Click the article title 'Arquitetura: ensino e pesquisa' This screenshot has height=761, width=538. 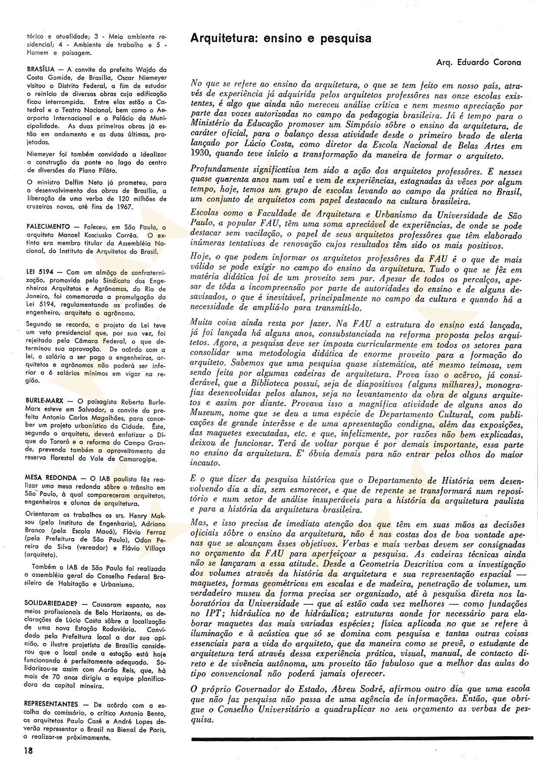[281, 39]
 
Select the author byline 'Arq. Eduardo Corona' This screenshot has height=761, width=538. [479, 62]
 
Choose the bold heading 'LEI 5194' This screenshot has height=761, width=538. [39, 272]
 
